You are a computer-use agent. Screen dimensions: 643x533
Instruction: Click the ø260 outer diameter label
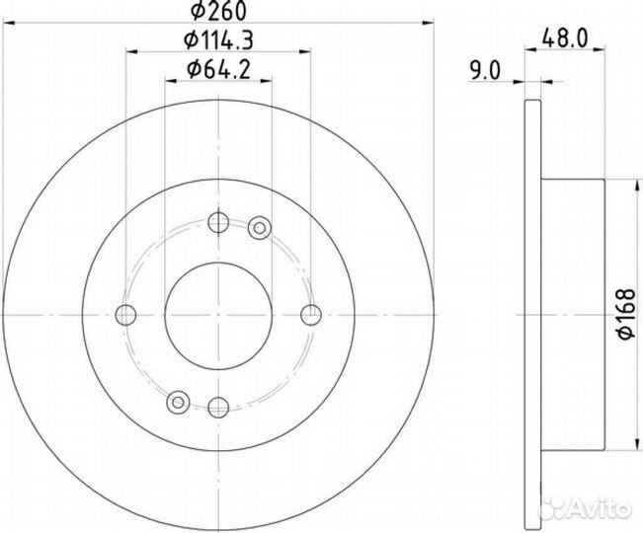coord(218,11)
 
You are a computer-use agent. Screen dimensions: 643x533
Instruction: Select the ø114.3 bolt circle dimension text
coord(218,40)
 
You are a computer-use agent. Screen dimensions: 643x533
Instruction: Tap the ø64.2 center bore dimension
coord(218,70)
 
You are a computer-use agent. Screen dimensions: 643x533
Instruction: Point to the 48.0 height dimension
coord(565,38)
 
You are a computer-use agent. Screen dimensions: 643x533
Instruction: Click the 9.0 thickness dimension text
coord(486,72)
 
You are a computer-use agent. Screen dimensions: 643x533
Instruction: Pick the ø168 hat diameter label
coord(626,314)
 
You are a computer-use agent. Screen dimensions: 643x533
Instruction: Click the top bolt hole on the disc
coord(218,222)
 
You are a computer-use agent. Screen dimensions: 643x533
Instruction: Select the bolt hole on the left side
coord(125,315)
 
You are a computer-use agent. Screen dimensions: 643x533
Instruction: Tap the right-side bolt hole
coord(311,315)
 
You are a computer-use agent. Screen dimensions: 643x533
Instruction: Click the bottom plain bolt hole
coord(218,407)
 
